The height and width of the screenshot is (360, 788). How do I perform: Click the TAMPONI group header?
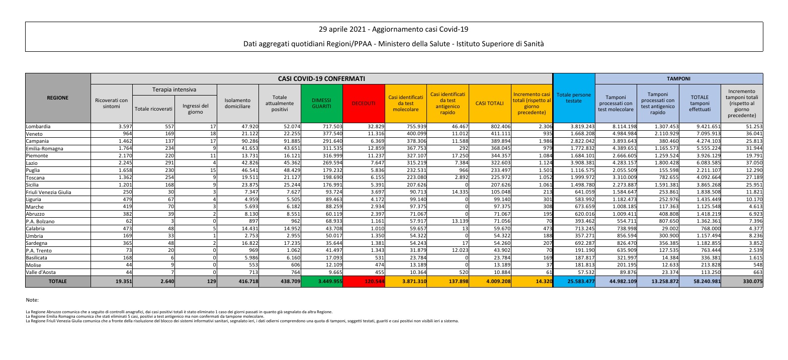coord(678,79)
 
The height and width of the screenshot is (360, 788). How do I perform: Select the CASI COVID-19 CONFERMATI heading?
coord(321,79)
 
